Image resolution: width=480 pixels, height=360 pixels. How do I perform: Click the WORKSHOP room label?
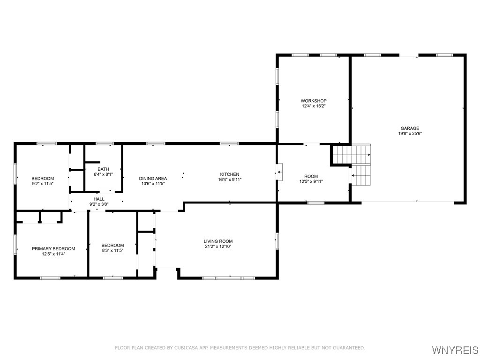point(314,101)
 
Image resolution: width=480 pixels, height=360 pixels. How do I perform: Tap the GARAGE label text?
point(410,128)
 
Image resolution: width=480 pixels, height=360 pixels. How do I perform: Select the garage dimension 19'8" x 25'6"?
point(410,134)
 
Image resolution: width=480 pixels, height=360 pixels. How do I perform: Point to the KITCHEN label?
point(230,174)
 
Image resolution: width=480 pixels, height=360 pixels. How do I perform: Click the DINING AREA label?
point(153,178)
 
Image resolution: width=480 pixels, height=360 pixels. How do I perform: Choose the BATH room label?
point(103,169)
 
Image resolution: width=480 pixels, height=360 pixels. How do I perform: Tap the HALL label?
point(98,199)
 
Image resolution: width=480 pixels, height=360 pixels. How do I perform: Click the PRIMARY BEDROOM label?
point(53,248)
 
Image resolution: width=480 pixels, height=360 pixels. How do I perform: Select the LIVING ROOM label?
point(218,241)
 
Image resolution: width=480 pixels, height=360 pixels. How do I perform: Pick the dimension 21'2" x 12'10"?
point(218,247)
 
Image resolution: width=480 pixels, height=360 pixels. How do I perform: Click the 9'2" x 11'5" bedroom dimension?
point(43,184)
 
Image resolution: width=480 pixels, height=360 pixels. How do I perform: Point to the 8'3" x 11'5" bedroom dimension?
point(112,251)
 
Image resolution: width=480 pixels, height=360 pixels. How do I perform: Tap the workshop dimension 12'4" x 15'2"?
point(314,106)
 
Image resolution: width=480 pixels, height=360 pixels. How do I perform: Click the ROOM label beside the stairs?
point(311,176)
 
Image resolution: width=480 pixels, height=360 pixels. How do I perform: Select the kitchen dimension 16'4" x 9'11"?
point(230,180)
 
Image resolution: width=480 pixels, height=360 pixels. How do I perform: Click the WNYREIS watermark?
point(454,350)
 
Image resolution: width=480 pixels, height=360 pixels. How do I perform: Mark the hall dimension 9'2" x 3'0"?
point(98,204)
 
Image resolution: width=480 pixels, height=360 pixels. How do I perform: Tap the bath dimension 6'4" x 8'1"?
point(103,174)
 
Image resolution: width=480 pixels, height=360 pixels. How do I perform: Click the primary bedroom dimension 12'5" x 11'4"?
point(53,254)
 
